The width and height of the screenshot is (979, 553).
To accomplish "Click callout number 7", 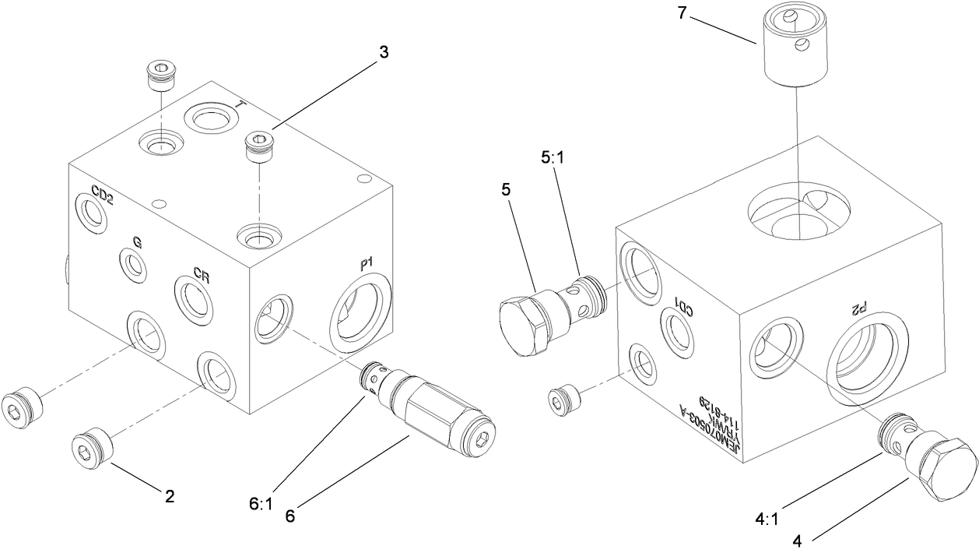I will pos(682,15).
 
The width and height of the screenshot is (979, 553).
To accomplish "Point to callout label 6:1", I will pos(261,503).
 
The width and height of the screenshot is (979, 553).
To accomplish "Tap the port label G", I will pos(136,242).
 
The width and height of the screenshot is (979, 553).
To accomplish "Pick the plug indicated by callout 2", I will pos(93,449).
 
